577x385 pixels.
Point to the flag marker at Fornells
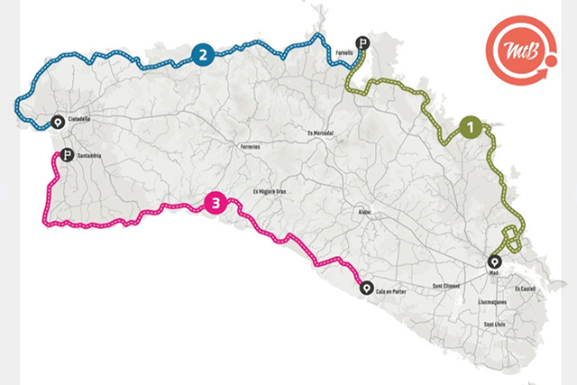(x=362, y=42)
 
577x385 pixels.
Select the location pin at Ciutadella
(x=59, y=124)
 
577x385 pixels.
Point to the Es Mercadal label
(x=321, y=133)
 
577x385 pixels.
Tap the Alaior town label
(x=365, y=215)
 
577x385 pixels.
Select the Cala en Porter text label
(x=394, y=289)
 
